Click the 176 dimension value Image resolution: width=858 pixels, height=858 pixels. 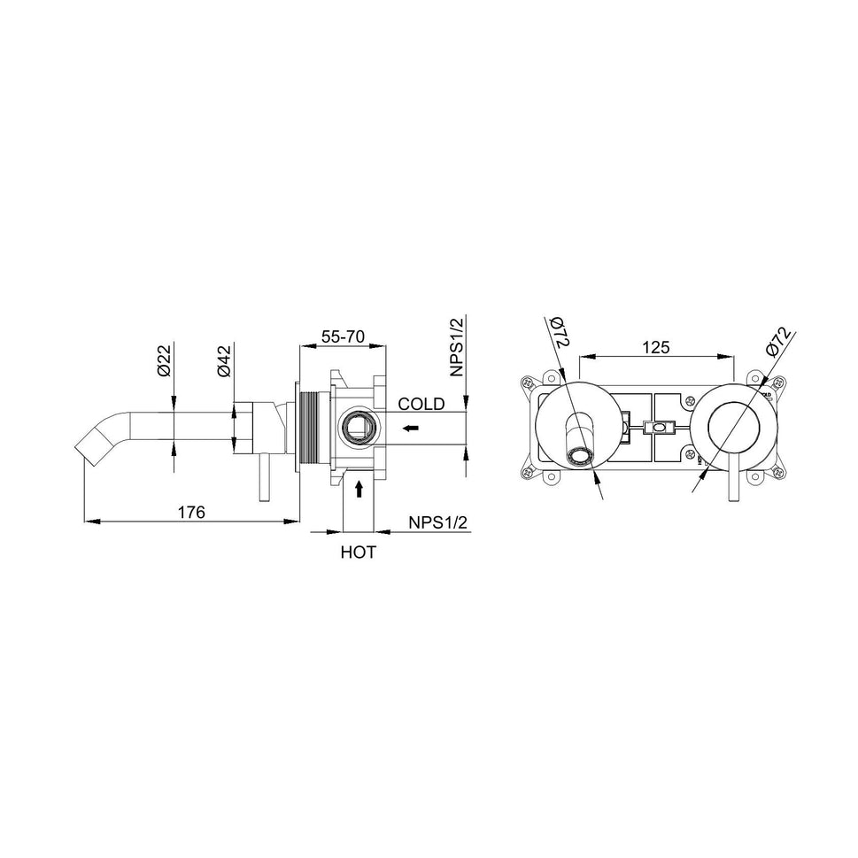pos(191,512)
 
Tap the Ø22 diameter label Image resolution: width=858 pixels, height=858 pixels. pos(165,360)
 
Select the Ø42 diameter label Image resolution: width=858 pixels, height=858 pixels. pos(225,360)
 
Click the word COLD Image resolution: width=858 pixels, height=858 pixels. pos(421,405)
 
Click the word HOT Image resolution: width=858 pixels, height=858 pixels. pos(359,553)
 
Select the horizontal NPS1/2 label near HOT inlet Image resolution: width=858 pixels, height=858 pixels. pos(437,523)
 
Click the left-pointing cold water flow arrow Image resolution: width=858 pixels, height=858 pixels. pos(410,429)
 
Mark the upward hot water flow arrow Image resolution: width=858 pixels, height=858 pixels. pos(359,488)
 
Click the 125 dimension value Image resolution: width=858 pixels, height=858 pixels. pos(655,347)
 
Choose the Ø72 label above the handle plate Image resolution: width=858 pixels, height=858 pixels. pos(777,341)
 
